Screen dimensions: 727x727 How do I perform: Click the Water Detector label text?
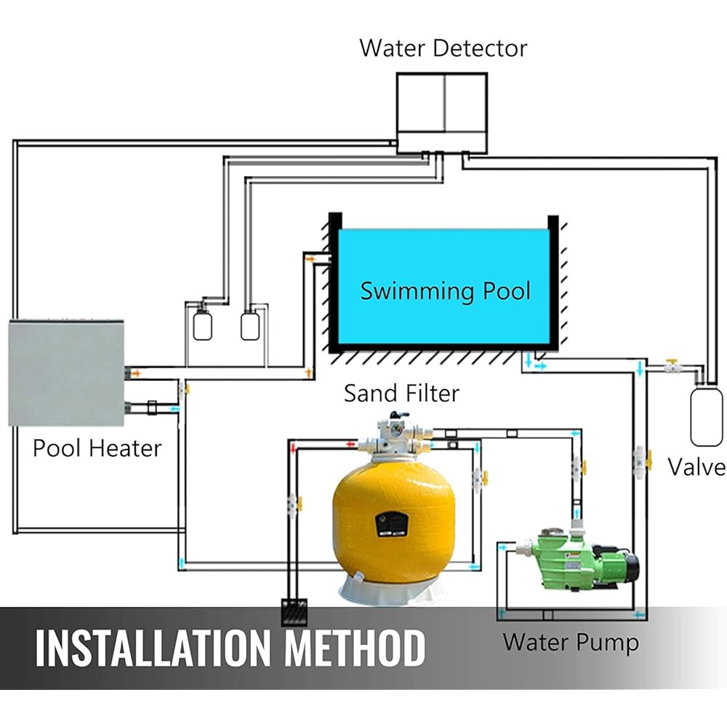(x=443, y=48)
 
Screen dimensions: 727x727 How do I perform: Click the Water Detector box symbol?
(x=442, y=113)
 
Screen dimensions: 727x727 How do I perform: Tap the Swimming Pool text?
(x=445, y=292)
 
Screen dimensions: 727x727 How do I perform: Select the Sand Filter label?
(x=401, y=393)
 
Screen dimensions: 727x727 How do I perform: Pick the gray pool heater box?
(x=66, y=372)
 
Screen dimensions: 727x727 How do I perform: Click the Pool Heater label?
(x=97, y=449)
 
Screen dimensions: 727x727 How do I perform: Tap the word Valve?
(x=696, y=467)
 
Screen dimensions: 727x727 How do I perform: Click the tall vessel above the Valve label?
(x=706, y=417)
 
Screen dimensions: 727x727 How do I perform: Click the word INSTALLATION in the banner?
(x=154, y=648)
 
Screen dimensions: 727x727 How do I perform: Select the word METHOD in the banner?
(x=355, y=648)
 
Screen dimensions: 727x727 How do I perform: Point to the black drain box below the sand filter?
(x=294, y=612)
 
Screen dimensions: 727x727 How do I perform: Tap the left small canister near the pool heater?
(x=202, y=326)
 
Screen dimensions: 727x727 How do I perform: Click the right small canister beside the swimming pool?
(x=250, y=326)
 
